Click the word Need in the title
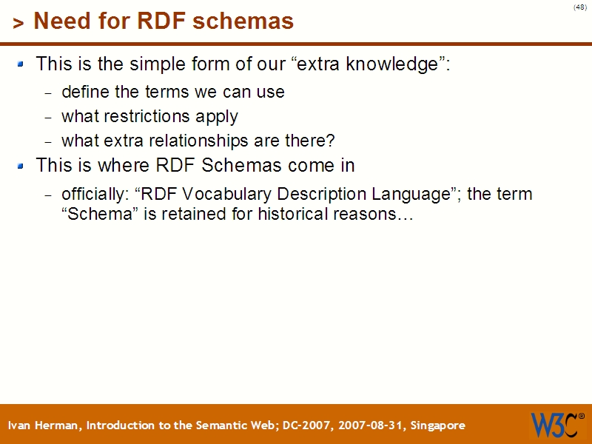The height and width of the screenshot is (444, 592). pyautogui.click(x=58, y=21)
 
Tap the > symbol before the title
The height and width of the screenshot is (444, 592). pyautogui.click(x=18, y=24)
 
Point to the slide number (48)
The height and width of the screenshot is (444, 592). pyautogui.click(x=579, y=7)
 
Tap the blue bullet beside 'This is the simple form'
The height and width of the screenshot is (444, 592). pyautogui.click(x=21, y=64)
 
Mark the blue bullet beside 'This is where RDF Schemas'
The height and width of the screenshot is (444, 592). pyautogui.click(x=21, y=165)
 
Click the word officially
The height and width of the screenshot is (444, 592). pyautogui.click(x=94, y=195)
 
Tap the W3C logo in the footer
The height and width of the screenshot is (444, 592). pyautogui.click(x=556, y=425)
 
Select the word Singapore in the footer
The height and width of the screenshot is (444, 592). pyautogui.click(x=437, y=425)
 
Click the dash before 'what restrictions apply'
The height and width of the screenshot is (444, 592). pyautogui.click(x=49, y=118)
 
